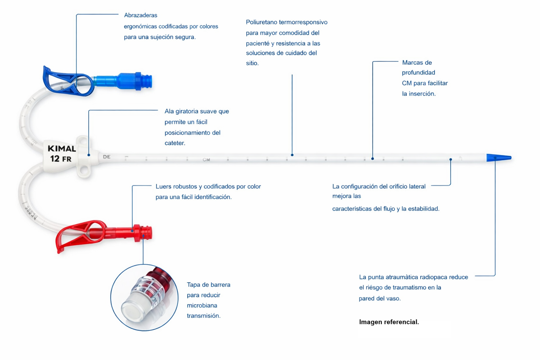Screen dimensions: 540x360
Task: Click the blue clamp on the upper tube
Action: click(x=68, y=82)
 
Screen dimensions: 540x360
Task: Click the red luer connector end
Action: click(x=143, y=233)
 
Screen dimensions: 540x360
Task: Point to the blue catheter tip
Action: click(x=499, y=158)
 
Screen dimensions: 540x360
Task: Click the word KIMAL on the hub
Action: click(x=62, y=148)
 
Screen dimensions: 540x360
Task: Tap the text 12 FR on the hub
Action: click(x=60, y=159)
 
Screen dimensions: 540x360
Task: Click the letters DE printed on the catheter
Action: click(x=107, y=157)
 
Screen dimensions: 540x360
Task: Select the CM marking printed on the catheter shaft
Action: click(x=206, y=160)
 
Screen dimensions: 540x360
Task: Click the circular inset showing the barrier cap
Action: click(x=144, y=297)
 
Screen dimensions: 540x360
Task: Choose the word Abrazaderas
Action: click(x=141, y=15)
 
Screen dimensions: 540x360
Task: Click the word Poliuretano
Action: click(x=261, y=22)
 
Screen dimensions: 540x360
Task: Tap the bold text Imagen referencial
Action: click(x=389, y=322)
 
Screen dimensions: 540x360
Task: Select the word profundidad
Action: click(x=418, y=73)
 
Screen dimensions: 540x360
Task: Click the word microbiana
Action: click(x=202, y=306)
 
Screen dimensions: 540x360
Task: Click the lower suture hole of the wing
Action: click(x=84, y=171)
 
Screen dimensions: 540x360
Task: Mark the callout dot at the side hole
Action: click(x=451, y=159)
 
